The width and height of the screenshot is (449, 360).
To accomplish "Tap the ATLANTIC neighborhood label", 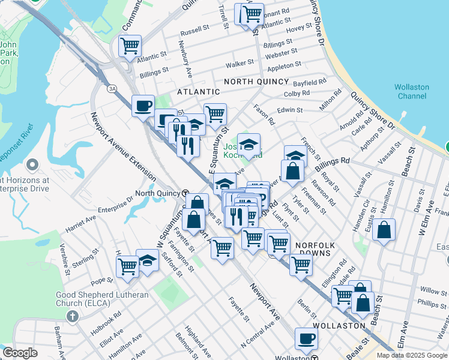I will pos(198,92).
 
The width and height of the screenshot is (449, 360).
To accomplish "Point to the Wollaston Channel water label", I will pos(412,91).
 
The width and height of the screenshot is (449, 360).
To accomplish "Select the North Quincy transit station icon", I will pos(186,193).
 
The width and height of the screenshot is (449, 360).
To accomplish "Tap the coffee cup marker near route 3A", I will pos(143,106).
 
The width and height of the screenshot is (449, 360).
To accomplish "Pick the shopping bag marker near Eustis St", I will pos(384,229).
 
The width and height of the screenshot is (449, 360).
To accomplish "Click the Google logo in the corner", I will pos(20,353).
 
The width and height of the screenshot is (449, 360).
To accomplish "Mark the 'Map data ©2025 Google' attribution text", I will pos(411,355).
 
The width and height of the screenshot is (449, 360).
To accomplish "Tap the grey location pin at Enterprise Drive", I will pos(32,164).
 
